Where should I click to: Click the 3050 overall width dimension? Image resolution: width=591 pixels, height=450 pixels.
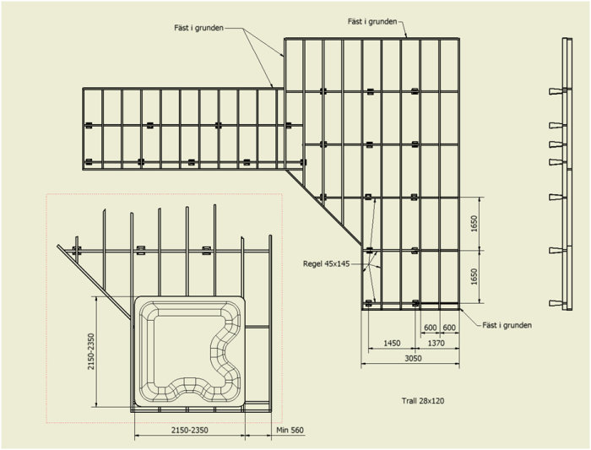click(x=413, y=358)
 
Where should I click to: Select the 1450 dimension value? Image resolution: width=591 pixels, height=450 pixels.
click(x=392, y=343)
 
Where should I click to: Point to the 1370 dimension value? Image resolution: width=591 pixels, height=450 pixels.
click(x=436, y=343)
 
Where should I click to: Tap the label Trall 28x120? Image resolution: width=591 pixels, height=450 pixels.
click(x=423, y=401)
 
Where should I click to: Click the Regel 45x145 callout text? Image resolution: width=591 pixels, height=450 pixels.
click(x=327, y=263)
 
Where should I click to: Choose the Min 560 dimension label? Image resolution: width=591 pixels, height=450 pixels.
click(x=290, y=430)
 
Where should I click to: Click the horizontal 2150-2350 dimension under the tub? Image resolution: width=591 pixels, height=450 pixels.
click(x=190, y=430)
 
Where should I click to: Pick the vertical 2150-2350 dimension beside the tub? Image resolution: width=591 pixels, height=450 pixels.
click(x=91, y=351)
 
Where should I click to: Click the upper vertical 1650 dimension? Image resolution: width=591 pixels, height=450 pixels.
click(x=474, y=224)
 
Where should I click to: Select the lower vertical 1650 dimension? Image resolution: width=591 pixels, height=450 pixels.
click(x=474, y=277)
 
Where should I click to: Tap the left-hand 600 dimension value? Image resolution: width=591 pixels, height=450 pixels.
click(x=430, y=328)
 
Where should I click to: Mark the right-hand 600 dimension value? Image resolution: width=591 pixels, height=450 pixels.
click(x=449, y=328)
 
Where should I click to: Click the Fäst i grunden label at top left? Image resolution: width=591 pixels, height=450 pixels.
click(x=198, y=28)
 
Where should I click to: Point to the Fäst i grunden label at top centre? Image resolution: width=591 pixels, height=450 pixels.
click(x=372, y=22)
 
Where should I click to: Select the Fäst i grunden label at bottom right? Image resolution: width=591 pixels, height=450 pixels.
click(x=507, y=325)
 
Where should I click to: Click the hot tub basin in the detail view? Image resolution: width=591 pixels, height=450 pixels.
click(x=190, y=351)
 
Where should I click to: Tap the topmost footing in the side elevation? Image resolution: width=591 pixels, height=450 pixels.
click(x=556, y=91)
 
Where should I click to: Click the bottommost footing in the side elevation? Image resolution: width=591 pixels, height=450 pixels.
click(x=556, y=303)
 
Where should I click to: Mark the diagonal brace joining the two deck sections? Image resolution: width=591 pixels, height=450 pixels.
click(x=323, y=207)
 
